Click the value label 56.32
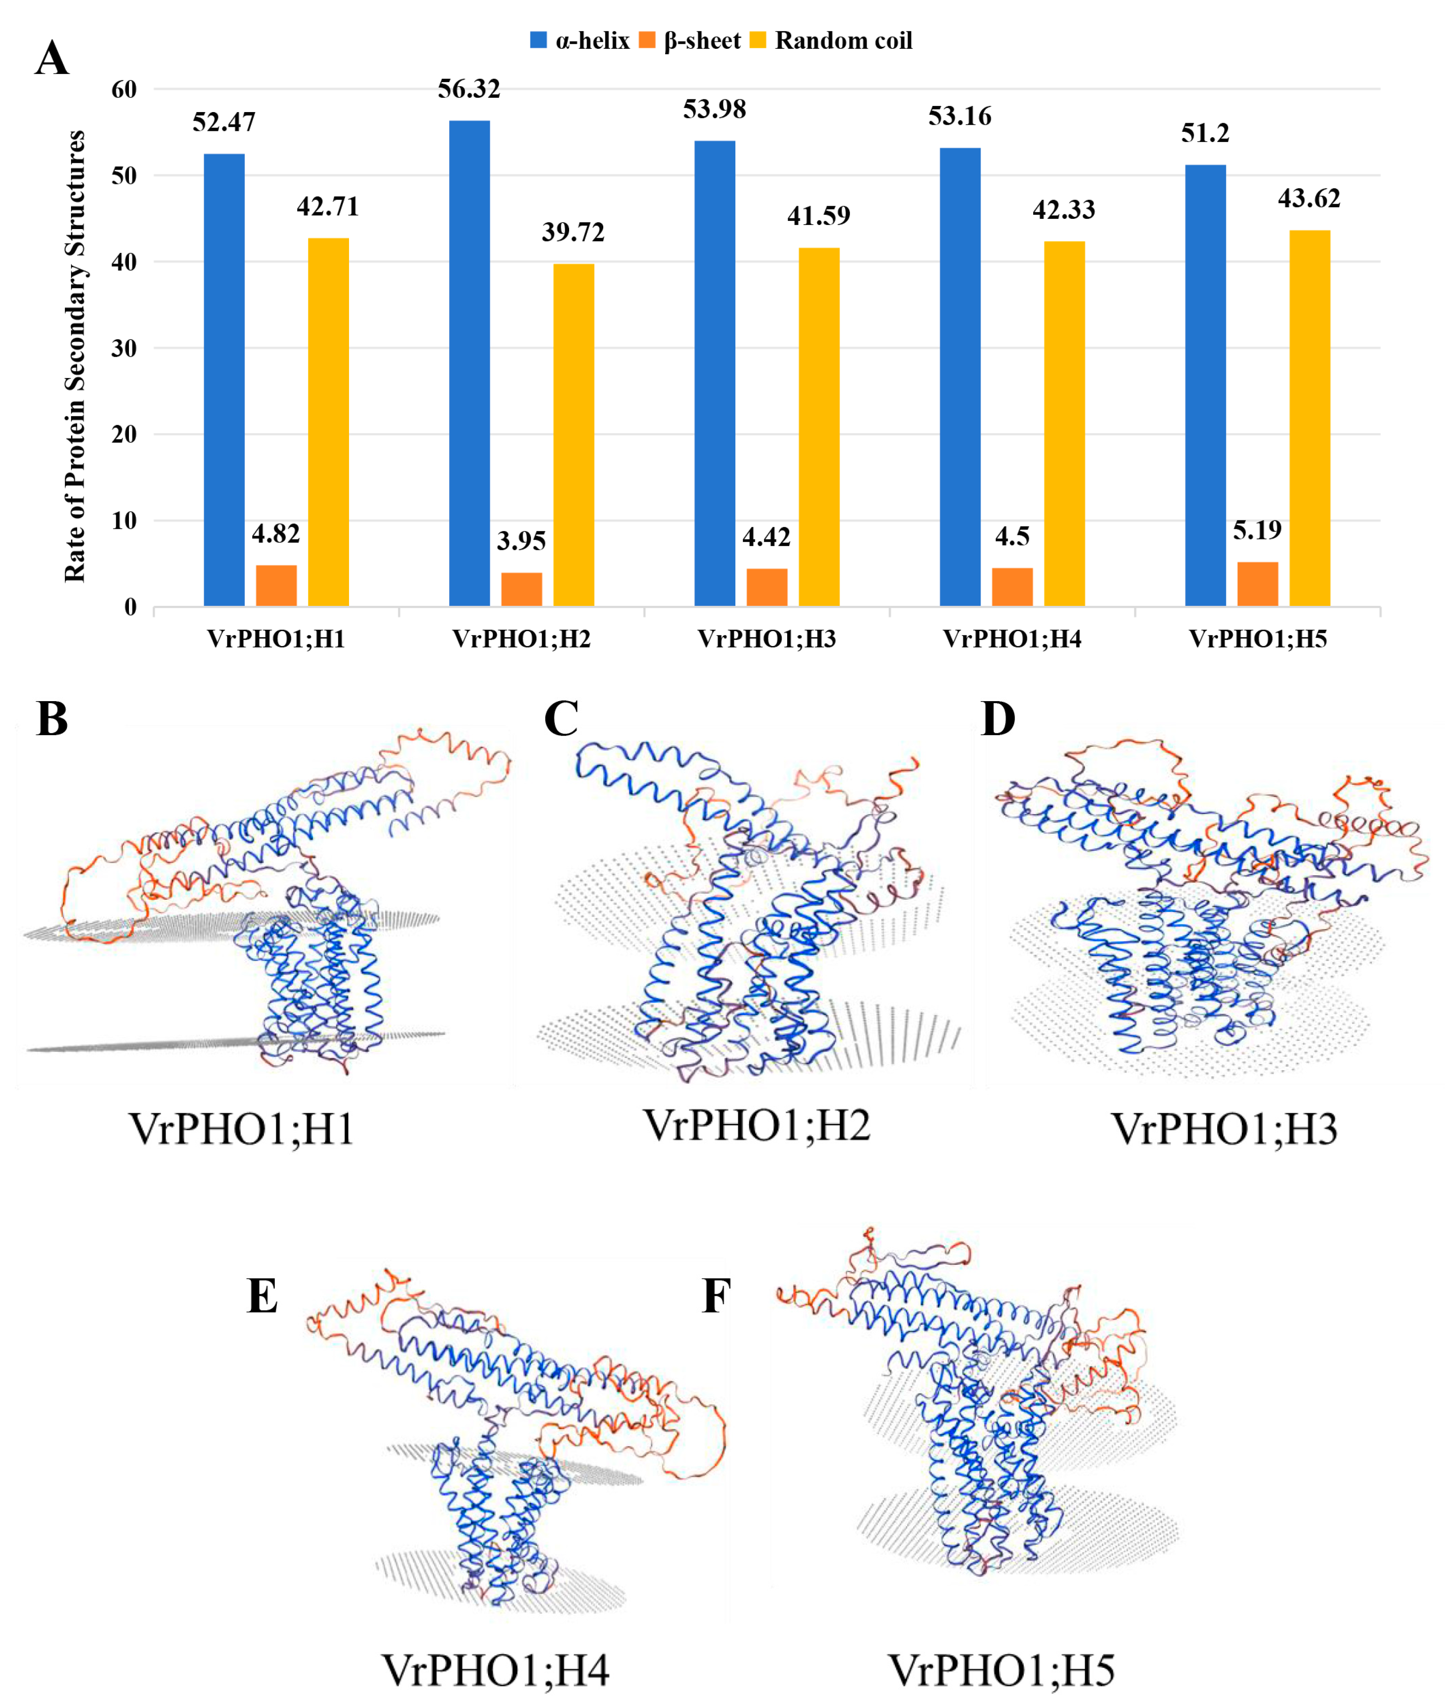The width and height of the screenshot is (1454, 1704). tap(469, 89)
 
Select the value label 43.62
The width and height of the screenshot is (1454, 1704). tap(1308, 198)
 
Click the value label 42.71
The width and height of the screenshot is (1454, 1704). tap(327, 206)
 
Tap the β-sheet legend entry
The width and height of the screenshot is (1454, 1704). tap(691, 40)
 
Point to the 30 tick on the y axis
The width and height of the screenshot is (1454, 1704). tap(124, 348)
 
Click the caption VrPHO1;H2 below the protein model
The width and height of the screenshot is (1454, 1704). tap(756, 1125)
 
